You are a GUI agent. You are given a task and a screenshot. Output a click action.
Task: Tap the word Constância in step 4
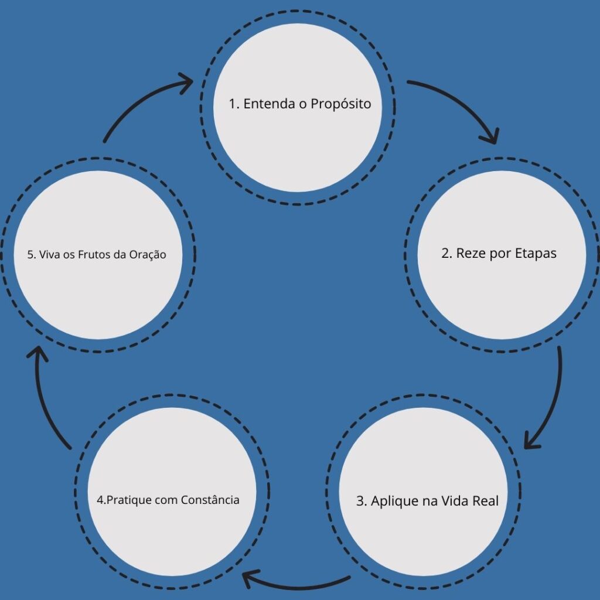pos(210,500)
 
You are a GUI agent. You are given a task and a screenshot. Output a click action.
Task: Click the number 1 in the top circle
pos(233,104)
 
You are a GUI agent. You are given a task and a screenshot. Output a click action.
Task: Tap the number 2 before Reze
pos(445,254)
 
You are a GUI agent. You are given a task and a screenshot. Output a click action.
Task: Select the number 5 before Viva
pos(30,255)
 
